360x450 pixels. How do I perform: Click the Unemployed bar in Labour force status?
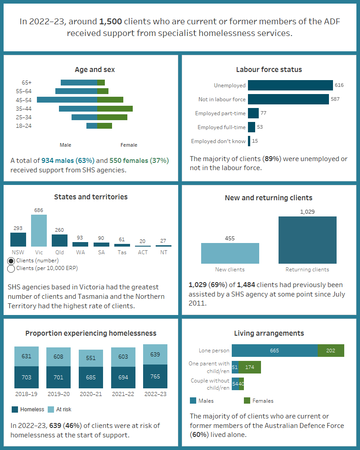[290, 85]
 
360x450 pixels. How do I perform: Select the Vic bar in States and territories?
[39, 230]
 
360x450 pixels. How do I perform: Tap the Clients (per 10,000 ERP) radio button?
[11, 269]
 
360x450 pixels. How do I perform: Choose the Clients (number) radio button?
[11, 261]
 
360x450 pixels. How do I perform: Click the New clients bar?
[230, 253]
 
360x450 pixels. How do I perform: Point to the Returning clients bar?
[307, 240]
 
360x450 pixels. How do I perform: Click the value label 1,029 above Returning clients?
[307, 211]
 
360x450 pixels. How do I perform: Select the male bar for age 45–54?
[67, 99]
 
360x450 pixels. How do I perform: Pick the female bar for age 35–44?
[115, 108]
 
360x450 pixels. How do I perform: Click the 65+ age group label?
[27, 82]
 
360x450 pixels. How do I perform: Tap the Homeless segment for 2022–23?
[155, 377]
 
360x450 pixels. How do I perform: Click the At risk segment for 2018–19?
[27, 356]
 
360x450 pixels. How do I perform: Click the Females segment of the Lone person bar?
[331, 351]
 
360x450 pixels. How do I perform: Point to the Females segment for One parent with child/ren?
[250, 367]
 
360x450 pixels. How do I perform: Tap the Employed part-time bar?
[253, 113]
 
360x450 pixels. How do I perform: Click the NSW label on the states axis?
[18, 252]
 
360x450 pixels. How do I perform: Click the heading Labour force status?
[269, 69]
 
